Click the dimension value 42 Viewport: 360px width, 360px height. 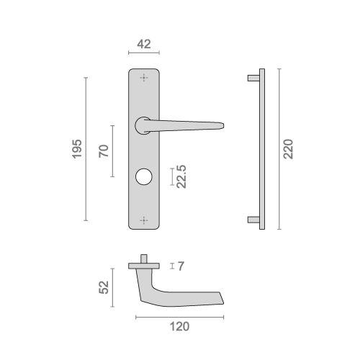(x=143, y=44)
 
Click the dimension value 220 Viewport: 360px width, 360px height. (x=288, y=149)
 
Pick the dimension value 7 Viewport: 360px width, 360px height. (x=181, y=266)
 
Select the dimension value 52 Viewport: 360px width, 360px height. (x=104, y=287)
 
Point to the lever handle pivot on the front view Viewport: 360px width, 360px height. (x=143, y=125)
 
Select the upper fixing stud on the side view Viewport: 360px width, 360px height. (x=252, y=76)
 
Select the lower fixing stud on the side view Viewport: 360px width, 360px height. (x=252, y=220)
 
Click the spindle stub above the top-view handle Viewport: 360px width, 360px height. (x=145, y=258)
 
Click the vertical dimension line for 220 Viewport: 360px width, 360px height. (x=278, y=149)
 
